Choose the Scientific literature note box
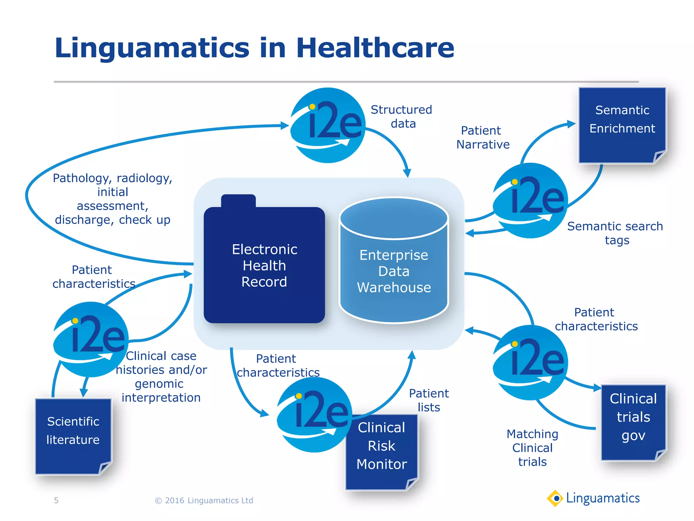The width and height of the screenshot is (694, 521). (73, 436)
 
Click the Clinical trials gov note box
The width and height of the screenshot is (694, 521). (633, 422)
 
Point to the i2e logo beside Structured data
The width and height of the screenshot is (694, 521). (328, 126)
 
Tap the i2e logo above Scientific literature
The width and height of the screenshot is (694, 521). (91, 339)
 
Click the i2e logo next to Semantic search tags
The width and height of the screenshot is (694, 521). (530, 200)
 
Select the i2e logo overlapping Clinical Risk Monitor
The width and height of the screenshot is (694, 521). (314, 414)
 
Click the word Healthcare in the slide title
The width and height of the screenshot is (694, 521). (375, 48)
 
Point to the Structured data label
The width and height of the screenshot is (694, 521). (402, 116)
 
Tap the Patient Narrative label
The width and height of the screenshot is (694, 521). (483, 137)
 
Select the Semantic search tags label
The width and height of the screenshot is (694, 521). (615, 233)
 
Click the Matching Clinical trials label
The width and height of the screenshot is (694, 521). (532, 448)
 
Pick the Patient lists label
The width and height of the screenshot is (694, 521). (429, 400)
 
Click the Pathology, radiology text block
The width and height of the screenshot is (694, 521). (113, 199)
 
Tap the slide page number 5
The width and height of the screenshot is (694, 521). (56, 500)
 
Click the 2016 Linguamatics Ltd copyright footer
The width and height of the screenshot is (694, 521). (204, 500)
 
